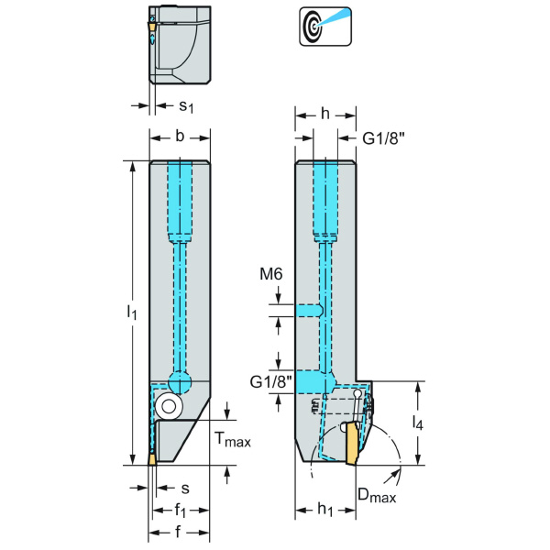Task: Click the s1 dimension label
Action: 185,107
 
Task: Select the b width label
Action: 180,137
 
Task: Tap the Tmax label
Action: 232,441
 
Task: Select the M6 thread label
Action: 272,274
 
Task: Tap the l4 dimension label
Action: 417,423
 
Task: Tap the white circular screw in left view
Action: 167,405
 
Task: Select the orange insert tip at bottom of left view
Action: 153,458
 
